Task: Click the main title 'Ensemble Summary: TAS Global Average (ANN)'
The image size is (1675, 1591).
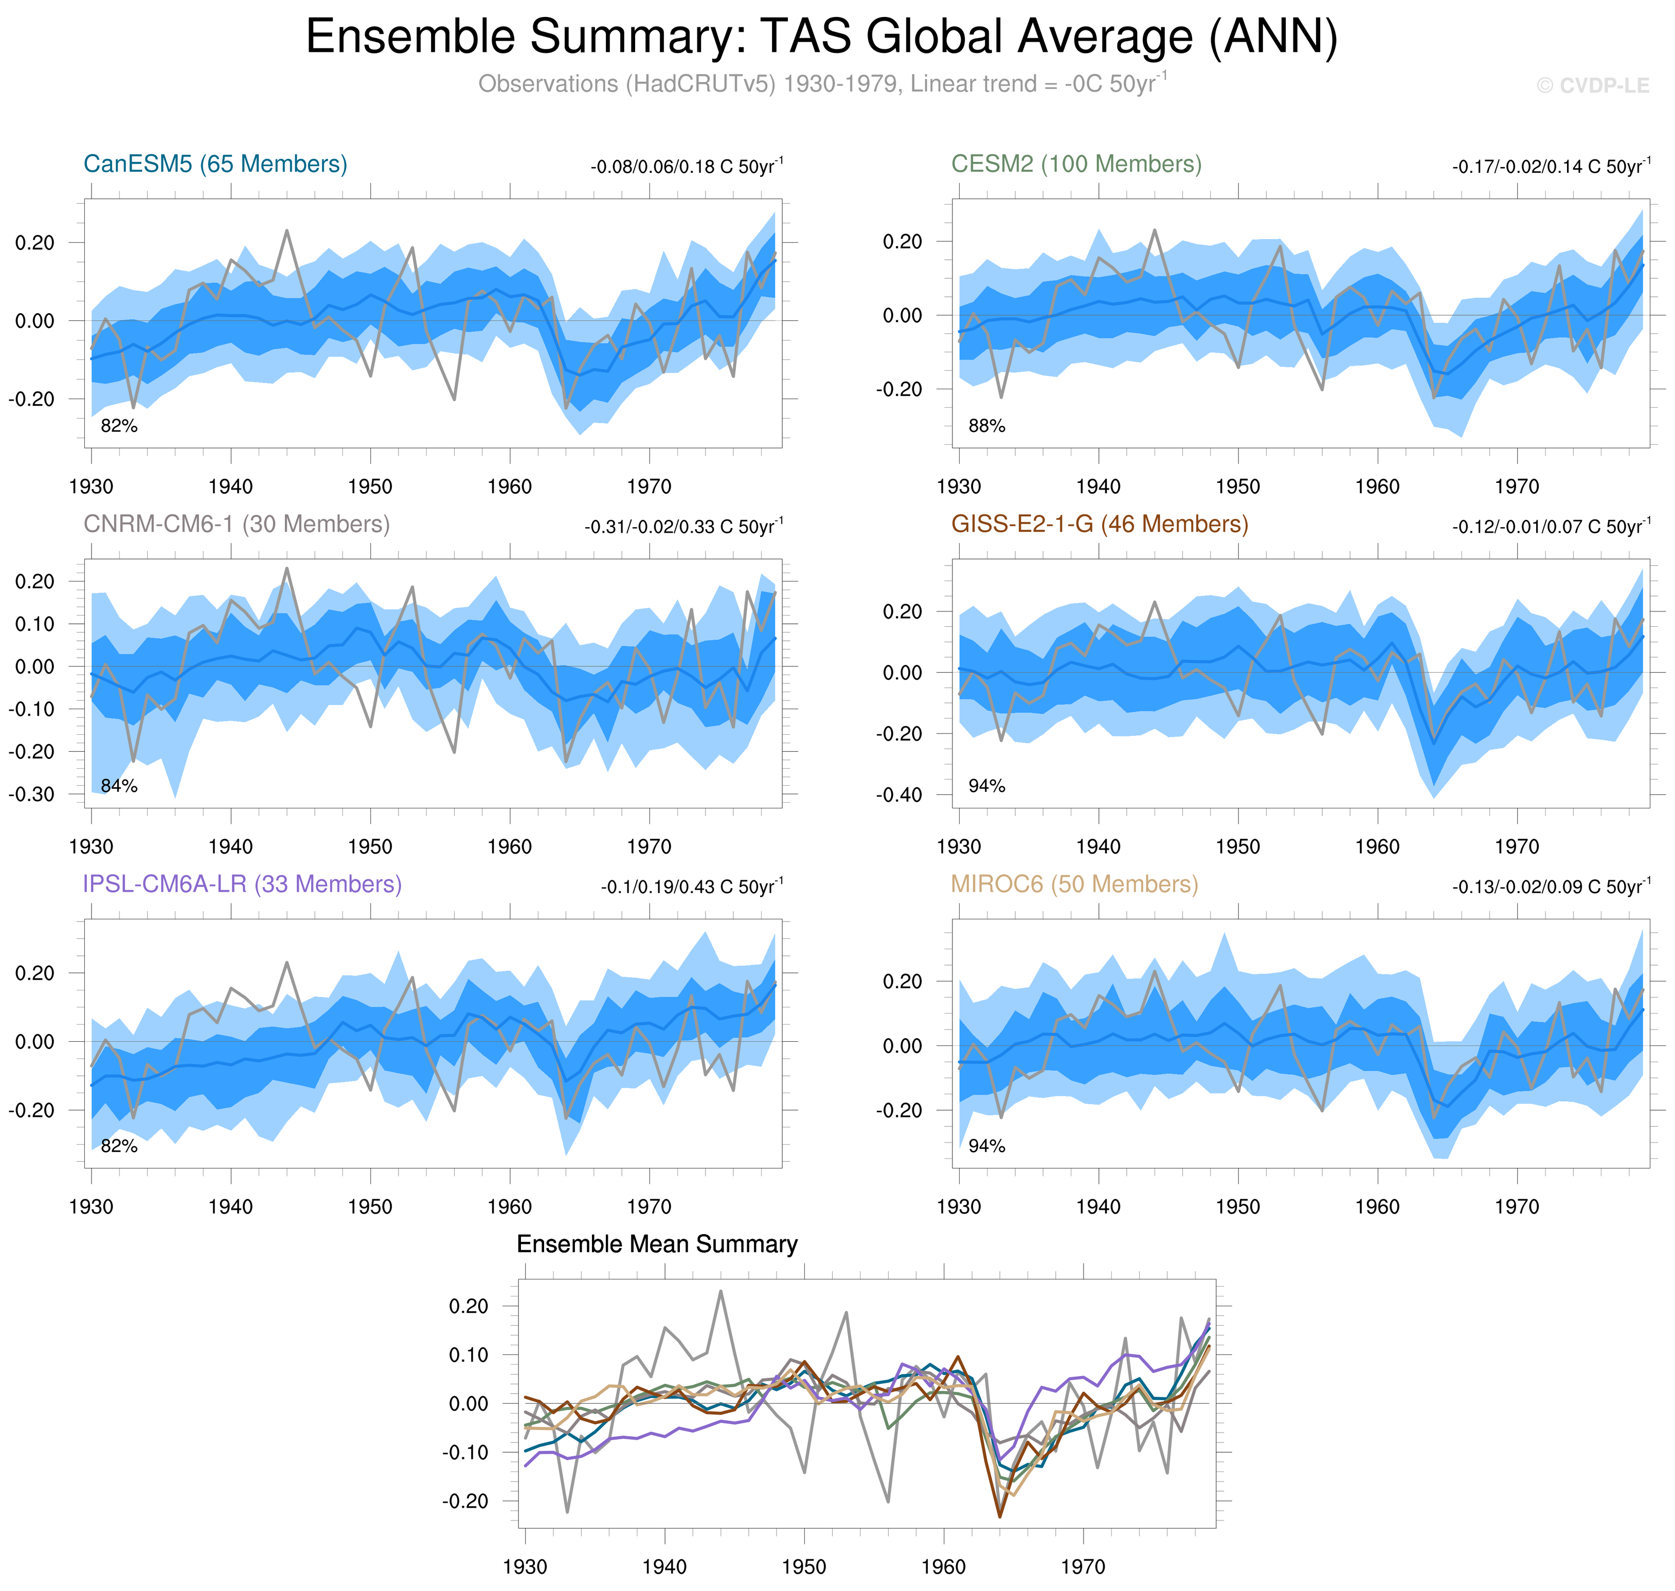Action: (x=821, y=38)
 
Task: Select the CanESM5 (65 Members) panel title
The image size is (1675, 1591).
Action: (x=215, y=164)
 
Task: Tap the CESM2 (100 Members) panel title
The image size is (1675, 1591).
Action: (x=1075, y=164)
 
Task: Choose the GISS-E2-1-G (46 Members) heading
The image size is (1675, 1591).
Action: (x=1099, y=524)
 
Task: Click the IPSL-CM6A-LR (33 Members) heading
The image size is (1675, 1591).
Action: (x=242, y=884)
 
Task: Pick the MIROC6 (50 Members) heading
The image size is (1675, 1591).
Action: (x=1074, y=884)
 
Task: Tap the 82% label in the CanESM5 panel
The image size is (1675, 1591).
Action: (x=119, y=426)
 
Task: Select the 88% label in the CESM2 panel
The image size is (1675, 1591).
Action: (x=986, y=426)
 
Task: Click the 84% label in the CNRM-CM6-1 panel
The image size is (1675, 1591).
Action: (x=119, y=786)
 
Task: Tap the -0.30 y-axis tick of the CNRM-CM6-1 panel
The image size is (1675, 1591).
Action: (x=31, y=794)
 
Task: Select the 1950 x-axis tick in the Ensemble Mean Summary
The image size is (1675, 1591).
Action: (x=803, y=1566)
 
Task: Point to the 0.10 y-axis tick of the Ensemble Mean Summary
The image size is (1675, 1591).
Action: (x=468, y=1354)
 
